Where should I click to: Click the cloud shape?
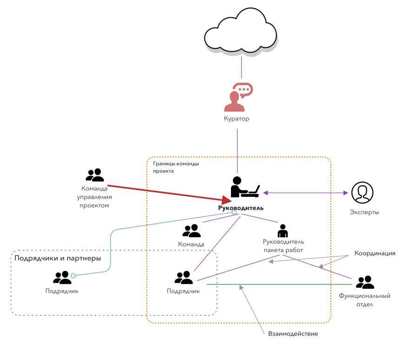[x=240, y=34]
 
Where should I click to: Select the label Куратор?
[x=237, y=119]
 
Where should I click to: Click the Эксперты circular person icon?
[x=362, y=193]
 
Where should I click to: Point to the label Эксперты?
[x=364, y=212]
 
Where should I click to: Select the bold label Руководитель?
[x=241, y=207]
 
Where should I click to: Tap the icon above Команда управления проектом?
[x=95, y=175]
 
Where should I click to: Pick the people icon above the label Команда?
[x=191, y=231]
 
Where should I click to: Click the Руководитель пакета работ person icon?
[x=283, y=231]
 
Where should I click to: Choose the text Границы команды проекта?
[x=176, y=167]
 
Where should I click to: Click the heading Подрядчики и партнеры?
[x=58, y=258]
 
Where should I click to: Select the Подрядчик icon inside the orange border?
[x=184, y=278]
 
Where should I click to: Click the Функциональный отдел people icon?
[x=365, y=282]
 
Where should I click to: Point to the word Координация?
[x=375, y=253]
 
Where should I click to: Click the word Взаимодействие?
[x=293, y=333]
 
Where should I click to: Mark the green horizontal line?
[x=279, y=284]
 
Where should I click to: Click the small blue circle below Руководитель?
[x=234, y=212]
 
